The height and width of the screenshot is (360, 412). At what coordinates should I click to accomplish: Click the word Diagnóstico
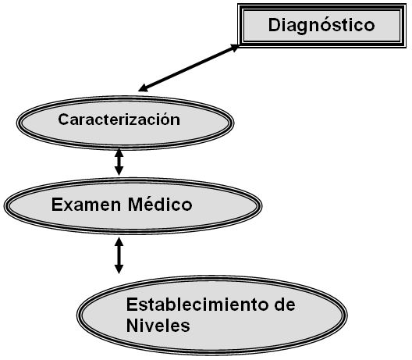[x=321, y=26]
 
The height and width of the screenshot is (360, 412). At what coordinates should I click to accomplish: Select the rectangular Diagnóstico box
[x=321, y=26]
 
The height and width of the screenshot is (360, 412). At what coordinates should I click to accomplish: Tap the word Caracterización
[x=119, y=119]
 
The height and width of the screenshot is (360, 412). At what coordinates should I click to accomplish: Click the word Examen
[x=86, y=205]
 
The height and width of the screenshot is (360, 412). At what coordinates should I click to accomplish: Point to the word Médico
[x=160, y=205]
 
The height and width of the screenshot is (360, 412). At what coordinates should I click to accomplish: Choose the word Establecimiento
[x=197, y=305]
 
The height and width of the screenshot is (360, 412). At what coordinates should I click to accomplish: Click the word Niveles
[x=158, y=326]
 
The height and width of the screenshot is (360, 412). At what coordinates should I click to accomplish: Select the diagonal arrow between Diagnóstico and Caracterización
[x=188, y=68]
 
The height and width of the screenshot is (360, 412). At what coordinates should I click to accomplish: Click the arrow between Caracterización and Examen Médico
[x=119, y=162]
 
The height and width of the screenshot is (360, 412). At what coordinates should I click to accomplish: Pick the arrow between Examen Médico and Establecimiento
[x=119, y=255]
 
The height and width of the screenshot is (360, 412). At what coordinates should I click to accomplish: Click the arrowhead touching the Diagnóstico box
[x=234, y=48]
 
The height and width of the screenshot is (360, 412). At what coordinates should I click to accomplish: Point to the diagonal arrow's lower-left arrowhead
[x=144, y=88]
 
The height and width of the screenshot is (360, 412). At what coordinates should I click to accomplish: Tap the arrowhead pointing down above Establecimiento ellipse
[x=119, y=269]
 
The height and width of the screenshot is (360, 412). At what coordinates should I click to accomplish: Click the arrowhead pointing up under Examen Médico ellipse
[x=119, y=241]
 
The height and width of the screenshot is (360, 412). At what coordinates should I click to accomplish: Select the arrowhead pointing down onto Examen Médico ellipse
[x=119, y=171]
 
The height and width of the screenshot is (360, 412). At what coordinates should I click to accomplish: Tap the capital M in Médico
[x=135, y=205]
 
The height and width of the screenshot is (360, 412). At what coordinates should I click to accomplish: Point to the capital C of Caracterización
[x=63, y=119]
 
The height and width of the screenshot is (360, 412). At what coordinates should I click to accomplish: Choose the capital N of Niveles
[x=132, y=326]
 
